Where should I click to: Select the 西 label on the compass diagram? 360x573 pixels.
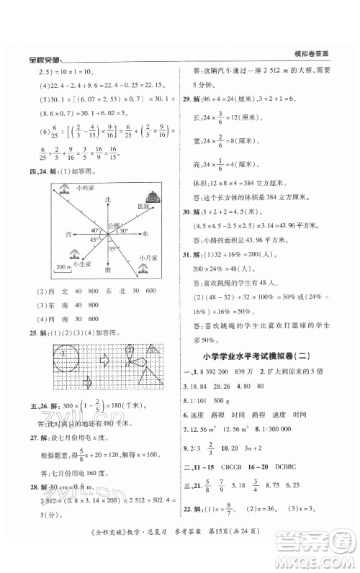click(68, 235)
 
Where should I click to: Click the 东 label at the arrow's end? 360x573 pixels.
click(145, 234)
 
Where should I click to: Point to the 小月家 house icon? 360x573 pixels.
click(144, 269)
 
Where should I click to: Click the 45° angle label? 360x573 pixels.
click(93, 240)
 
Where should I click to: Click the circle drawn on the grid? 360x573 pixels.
click(67, 356)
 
